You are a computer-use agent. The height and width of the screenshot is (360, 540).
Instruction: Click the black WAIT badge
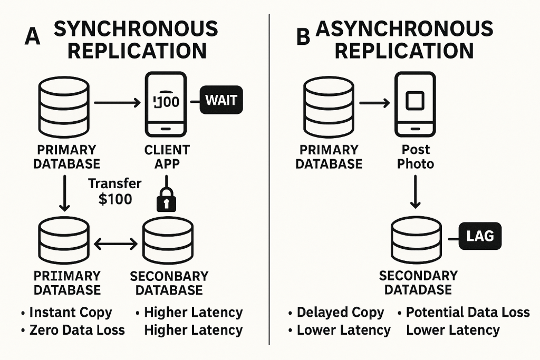(221, 100)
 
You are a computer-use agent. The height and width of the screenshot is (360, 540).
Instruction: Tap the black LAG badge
(480, 236)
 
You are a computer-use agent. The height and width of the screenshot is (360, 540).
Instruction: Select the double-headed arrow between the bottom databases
(115, 244)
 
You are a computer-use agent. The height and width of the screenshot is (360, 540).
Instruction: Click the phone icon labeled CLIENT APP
(166, 104)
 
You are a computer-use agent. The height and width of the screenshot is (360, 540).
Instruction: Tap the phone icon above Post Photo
(415, 104)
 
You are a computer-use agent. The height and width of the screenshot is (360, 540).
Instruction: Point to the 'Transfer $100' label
(114, 191)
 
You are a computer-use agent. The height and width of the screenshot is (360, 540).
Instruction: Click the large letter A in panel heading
(32, 36)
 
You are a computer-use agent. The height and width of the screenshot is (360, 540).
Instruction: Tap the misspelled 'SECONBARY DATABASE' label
(169, 283)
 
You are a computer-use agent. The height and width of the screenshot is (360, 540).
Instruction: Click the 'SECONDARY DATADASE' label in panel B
(418, 283)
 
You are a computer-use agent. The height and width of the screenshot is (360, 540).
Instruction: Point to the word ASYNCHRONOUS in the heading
(404, 29)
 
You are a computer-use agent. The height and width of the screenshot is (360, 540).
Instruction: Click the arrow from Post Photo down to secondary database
(416, 192)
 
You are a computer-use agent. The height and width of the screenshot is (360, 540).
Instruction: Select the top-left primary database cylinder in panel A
(64, 107)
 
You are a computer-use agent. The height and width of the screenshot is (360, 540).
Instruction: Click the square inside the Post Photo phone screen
(415, 101)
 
